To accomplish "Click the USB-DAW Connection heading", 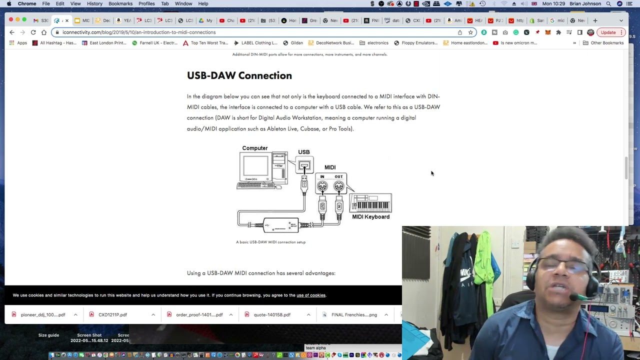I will (239, 75).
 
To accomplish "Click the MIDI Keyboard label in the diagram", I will (370, 216).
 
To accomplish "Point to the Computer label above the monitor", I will (254, 148).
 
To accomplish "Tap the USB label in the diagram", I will (303, 152).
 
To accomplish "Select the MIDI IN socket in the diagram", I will (322, 186).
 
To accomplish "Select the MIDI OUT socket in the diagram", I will (339, 186).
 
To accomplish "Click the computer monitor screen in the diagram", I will (255, 167).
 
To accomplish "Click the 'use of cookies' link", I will (310, 295).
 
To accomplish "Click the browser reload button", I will (33, 32).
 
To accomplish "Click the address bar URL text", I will (139, 32).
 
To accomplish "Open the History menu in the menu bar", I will (94, 3).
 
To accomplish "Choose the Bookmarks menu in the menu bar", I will (120, 3).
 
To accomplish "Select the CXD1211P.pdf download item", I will (112, 314).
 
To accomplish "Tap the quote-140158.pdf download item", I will (272, 314).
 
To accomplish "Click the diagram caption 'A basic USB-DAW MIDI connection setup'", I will (270, 242).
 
